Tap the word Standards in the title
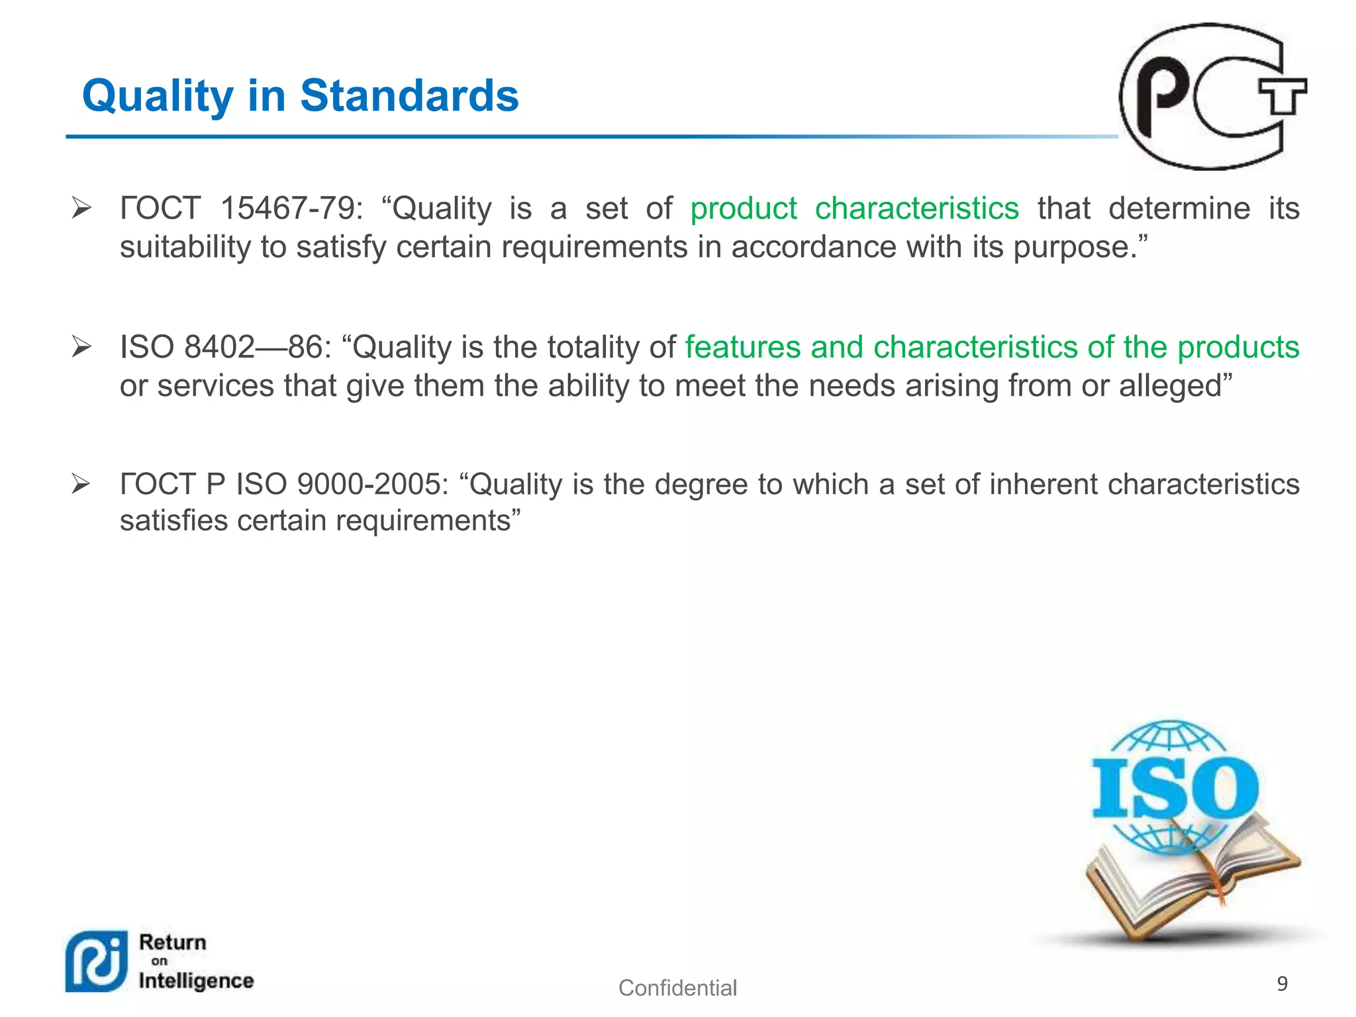pyautogui.click(x=409, y=95)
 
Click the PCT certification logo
pyautogui.click(x=1212, y=97)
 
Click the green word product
pyautogui.click(x=743, y=209)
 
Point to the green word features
pyautogui.click(x=742, y=347)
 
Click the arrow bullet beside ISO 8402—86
pyautogui.click(x=81, y=346)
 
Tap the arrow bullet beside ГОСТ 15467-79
pyautogui.click(x=81, y=209)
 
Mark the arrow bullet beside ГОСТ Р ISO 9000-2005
pyautogui.click(x=81, y=484)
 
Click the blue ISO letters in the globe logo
pyautogui.click(x=1174, y=788)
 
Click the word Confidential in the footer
pyautogui.click(x=677, y=988)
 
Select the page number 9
pyautogui.click(x=1282, y=983)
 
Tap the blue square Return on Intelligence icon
pyautogui.click(x=97, y=961)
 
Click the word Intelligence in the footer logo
pyautogui.click(x=196, y=981)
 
